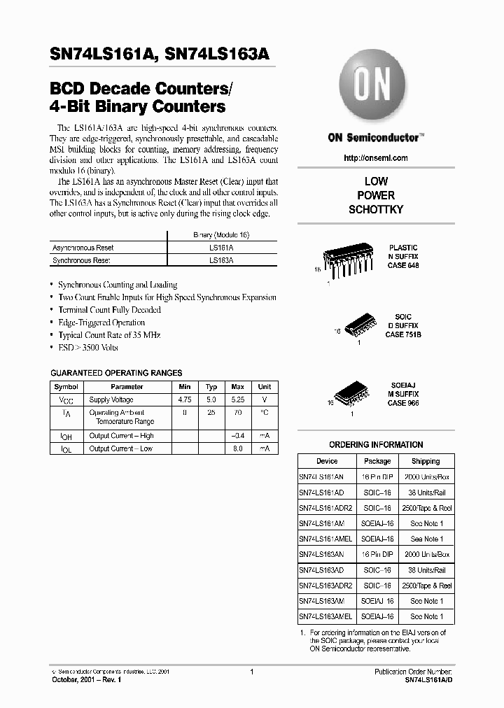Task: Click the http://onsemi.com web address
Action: tap(376, 158)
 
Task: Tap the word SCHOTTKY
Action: tap(376, 210)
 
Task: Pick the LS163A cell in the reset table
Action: tap(221, 260)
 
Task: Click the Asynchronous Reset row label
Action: tap(83, 248)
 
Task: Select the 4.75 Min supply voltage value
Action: tap(185, 399)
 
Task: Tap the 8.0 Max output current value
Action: tap(237, 448)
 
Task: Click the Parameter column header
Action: tap(127, 387)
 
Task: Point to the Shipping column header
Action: tap(425, 461)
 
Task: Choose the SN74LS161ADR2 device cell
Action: tap(325, 507)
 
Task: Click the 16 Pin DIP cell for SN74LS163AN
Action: tap(377, 554)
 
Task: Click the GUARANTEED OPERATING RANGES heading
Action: tap(117, 373)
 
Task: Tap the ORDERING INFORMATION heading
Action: tap(376, 445)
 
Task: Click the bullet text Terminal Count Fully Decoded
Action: tap(109, 310)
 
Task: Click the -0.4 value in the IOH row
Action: tap(237, 436)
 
